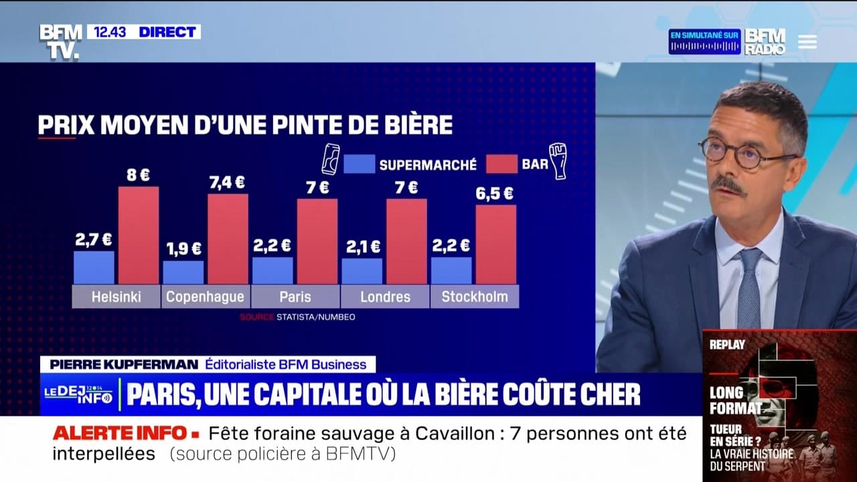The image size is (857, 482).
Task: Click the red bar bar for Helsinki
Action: [x=139, y=235]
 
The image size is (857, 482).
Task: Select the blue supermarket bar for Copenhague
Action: [x=183, y=272]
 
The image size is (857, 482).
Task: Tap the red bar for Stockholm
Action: [x=495, y=244]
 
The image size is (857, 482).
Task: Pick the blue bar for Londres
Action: [x=362, y=270]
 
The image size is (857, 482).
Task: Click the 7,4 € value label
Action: [x=227, y=181]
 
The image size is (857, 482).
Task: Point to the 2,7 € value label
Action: [x=93, y=239]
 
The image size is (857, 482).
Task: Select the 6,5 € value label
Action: [x=495, y=193]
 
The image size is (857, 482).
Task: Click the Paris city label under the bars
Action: [x=295, y=297]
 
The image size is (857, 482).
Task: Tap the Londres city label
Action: [x=385, y=297]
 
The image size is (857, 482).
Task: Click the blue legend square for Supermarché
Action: [x=359, y=164]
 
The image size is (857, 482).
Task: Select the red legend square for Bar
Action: [x=501, y=164]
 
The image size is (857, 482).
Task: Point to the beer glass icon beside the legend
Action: [x=558, y=161]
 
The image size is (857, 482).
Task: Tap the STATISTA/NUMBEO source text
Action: [x=315, y=317]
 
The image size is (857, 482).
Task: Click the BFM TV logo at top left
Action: [x=60, y=42]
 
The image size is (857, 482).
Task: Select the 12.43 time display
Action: [x=110, y=32]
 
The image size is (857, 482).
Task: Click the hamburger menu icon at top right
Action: [x=807, y=42]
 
